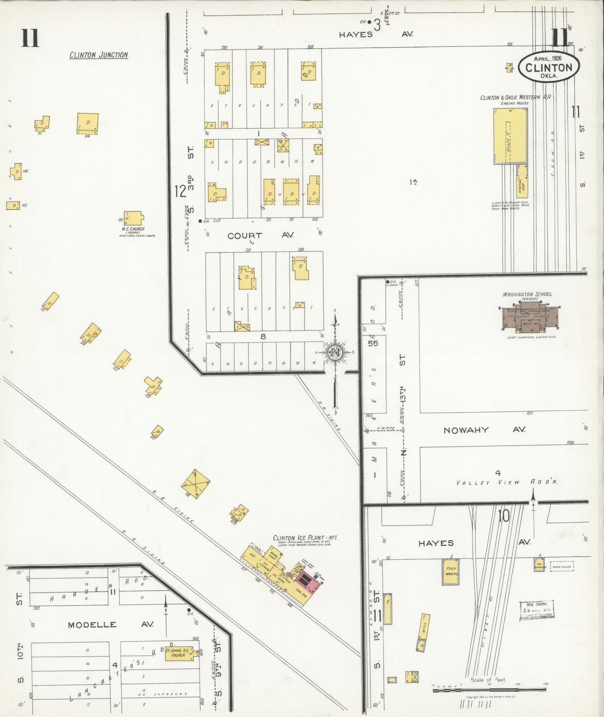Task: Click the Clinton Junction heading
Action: pyautogui.click(x=99, y=55)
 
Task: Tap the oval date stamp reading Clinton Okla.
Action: pyautogui.click(x=549, y=67)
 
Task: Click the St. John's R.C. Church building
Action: pyautogui.click(x=178, y=653)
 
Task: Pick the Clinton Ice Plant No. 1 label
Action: pyautogui.click(x=305, y=538)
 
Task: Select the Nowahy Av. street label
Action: pyautogui.click(x=484, y=430)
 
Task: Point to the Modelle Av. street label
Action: pyautogui.click(x=110, y=624)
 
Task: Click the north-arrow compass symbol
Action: pyautogui.click(x=336, y=352)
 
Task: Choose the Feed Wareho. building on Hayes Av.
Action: pyautogui.click(x=451, y=571)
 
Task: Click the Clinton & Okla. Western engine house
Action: pyautogui.click(x=510, y=136)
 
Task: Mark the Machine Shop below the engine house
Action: pyautogui.click(x=522, y=181)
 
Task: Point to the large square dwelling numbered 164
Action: pyautogui.click(x=88, y=123)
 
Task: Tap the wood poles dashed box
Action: pyautogui.click(x=562, y=566)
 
